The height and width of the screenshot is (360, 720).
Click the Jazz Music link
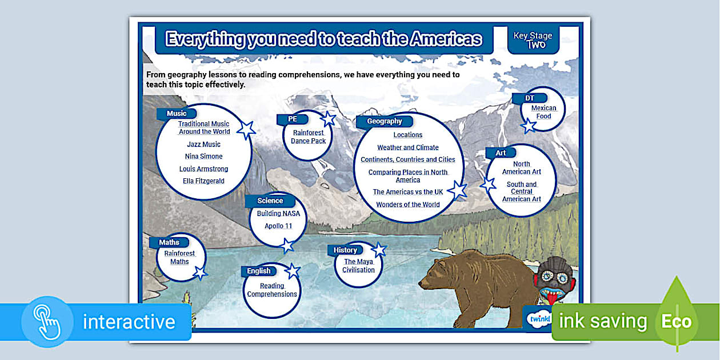coord(203,145)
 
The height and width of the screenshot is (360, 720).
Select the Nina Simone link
coord(203,157)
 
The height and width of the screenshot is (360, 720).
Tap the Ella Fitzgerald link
coord(203,181)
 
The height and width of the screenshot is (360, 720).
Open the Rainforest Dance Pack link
coord(308,137)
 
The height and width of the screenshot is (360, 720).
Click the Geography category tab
coord(385,122)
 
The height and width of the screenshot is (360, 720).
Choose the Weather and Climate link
coord(407,147)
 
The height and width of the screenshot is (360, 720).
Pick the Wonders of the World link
coord(407,205)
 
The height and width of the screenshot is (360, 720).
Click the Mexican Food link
coord(543,112)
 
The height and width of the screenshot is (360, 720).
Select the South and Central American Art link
coord(521,192)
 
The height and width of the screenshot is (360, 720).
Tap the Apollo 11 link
coord(278,226)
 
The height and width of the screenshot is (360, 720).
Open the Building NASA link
coord(278,214)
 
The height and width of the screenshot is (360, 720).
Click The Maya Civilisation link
coord(358,266)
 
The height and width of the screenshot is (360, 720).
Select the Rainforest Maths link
coord(179,258)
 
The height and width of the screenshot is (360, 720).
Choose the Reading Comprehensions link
coord(272,290)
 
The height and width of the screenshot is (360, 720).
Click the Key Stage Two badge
coord(533,40)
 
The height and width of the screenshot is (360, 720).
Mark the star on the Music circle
coord(246,130)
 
